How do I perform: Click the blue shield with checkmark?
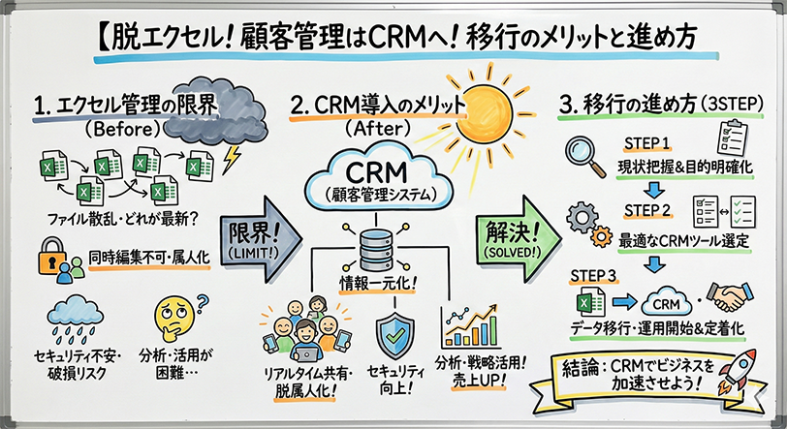click(393, 331)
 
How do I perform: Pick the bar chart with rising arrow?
click(475, 326)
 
